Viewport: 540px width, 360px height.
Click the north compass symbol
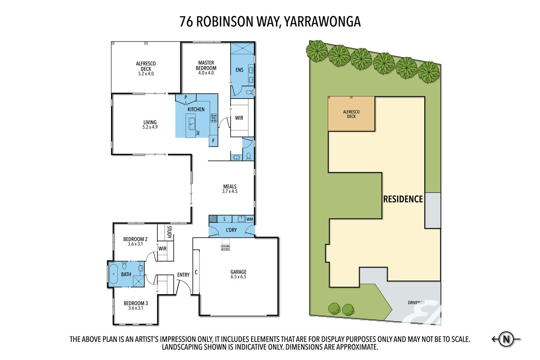tap(506, 339)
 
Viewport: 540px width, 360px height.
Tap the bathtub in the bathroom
tap(113, 274)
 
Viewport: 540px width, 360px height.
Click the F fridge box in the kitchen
tap(213, 141)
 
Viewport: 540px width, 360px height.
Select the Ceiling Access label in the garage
tap(225, 248)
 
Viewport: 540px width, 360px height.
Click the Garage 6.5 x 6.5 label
tap(238, 274)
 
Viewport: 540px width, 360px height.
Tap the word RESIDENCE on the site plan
tap(403, 199)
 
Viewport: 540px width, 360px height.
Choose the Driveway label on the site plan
tap(416, 303)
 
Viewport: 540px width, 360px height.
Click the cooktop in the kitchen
tap(214, 118)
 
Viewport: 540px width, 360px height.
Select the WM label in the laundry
tap(250, 219)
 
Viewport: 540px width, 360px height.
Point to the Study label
tap(169, 232)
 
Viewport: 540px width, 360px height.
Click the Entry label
tap(183, 275)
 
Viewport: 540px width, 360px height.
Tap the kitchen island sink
tap(192, 123)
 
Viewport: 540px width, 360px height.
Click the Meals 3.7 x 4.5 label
tap(230, 189)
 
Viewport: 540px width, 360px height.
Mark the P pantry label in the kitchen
tap(186, 98)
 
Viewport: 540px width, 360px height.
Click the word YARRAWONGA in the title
tap(322, 22)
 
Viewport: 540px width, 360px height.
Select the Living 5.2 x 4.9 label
tap(150, 124)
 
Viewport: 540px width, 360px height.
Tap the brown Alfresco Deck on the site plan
tap(351, 114)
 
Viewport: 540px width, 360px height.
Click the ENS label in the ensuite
tap(239, 70)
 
